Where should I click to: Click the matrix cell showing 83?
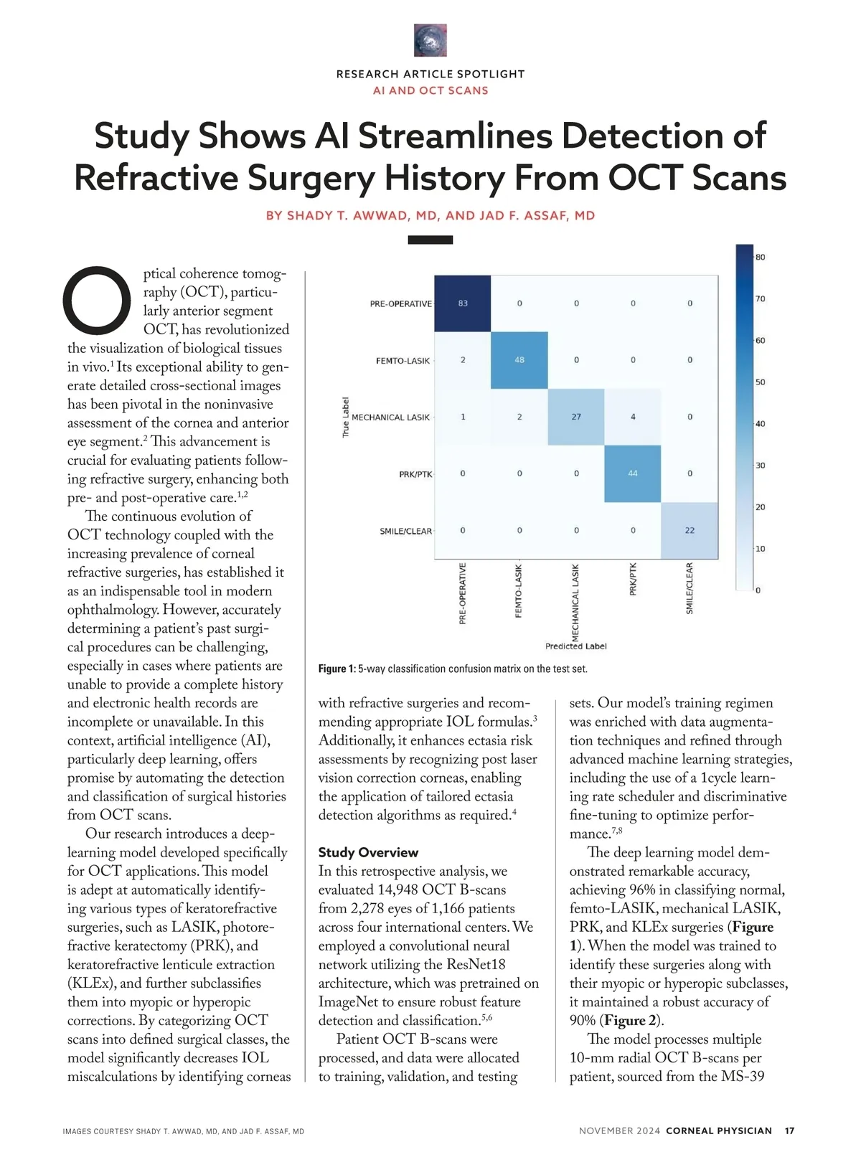[463, 303]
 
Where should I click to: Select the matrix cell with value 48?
[519, 360]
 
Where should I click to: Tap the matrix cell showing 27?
[576, 417]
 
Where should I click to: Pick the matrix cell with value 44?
[633, 473]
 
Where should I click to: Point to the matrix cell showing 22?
[690, 530]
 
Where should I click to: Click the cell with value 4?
[633, 417]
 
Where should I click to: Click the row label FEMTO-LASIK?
[403, 361]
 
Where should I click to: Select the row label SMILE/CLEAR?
[405, 532]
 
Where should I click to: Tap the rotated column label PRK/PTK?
[633, 580]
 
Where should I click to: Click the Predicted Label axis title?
[575, 646]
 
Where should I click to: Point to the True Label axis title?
[346, 417]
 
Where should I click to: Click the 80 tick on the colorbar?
[760, 258]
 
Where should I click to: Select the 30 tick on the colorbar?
[760, 466]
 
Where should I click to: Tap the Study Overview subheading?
[368, 852]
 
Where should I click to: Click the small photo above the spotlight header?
[430, 40]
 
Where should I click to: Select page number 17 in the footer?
[790, 1131]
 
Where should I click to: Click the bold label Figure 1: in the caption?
[337, 669]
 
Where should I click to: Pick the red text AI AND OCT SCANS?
[430, 90]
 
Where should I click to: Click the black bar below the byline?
[430, 240]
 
